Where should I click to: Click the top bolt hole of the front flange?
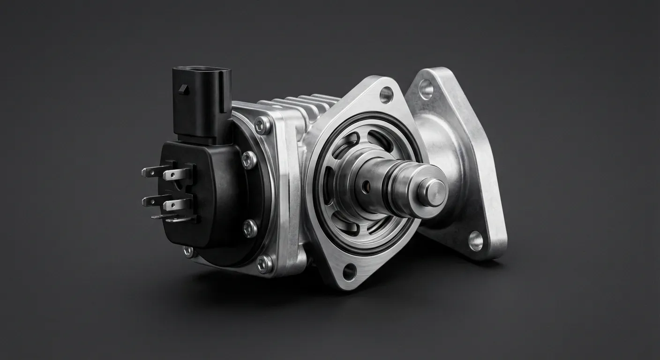pyautogui.click(x=386, y=95)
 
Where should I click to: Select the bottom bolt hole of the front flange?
pyautogui.click(x=349, y=271)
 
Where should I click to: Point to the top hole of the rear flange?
pyautogui.click(x=426, y=89)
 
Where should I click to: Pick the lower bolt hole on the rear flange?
pyautogui.click(x=476, y=240)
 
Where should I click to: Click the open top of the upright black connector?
pyautogui.click(x=202, y=71)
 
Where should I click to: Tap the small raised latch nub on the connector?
pyautogui.click(x=184, y=89)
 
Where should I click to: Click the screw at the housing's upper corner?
pyautogui.click(x=262, y=125)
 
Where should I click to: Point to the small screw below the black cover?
pyautogui.click(x=188, y=252)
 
